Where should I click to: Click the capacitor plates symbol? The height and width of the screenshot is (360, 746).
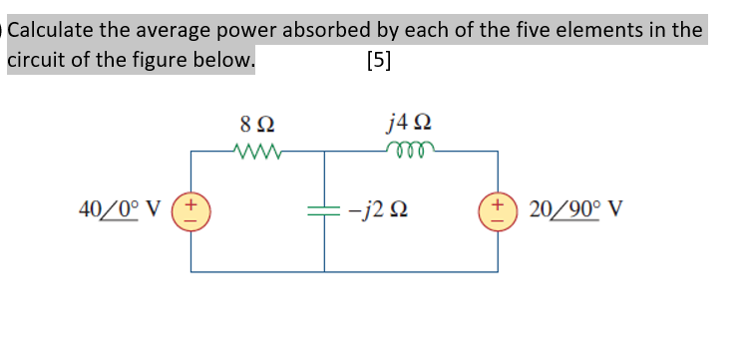tap(324, 210)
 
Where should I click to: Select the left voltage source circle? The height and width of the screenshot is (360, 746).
tap(192, 210)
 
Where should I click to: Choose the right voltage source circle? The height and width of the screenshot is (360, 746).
tap(497, 210)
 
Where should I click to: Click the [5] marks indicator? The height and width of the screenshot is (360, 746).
tap(379, 60)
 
